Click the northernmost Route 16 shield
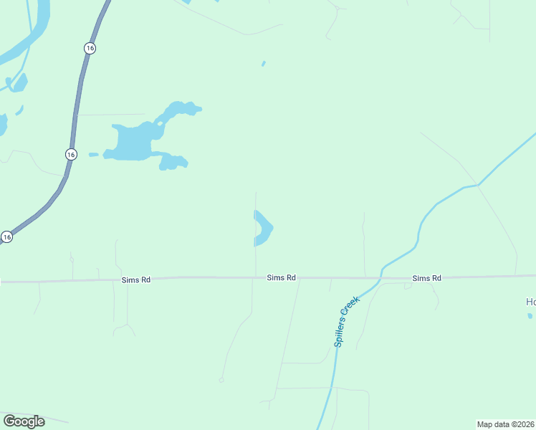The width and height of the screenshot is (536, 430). [x=89, y=48]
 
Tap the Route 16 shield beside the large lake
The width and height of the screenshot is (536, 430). [x=70, y=154]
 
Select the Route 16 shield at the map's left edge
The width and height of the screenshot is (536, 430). [x=6, y=236]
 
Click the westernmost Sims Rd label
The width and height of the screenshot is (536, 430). [x=135, y=279]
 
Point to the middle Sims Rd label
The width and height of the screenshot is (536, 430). [x=281, y=277]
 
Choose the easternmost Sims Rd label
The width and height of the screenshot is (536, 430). [x=426, y=278]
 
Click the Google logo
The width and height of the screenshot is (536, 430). [x=24, y=421]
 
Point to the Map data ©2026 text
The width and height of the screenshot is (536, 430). [x=506, y=424]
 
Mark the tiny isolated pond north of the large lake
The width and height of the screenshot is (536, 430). [x=264, y=64]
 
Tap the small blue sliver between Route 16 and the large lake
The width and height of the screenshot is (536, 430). [x=93, y=154]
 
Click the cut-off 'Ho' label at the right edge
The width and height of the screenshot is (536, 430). [x=530, y=302]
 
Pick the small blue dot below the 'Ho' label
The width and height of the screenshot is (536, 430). [x=530, y=315]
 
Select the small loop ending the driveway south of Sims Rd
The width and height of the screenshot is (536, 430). [x=221, y=379]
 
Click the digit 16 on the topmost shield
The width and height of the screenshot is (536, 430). [x=89, y=48]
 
